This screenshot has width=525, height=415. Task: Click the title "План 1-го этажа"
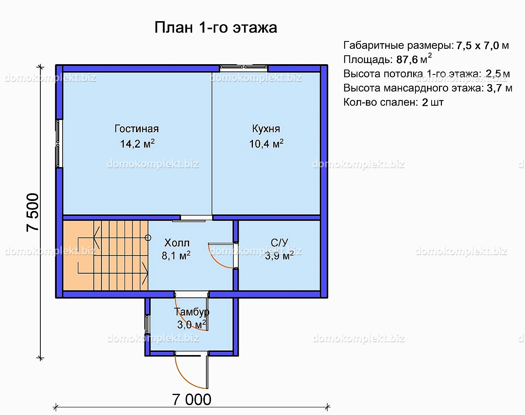pos(216,27)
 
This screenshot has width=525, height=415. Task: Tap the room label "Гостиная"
pos(136,129)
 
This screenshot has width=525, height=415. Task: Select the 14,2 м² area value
pos(137,143)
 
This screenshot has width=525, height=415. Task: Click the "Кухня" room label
pos(266,129)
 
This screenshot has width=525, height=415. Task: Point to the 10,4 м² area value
pos(266,143)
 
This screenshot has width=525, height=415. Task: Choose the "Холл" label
pos(177,243)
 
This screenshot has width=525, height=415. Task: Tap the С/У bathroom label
pos(279,242)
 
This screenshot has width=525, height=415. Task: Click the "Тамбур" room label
pos(191,312)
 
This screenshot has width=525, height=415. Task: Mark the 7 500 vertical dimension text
pos(33,212)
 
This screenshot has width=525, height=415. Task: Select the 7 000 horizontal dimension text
pos(192,399)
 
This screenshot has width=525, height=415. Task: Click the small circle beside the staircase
pos(148,237)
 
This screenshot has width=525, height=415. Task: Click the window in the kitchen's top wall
pos(243,68)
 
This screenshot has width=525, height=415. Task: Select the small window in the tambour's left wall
pos(147,324)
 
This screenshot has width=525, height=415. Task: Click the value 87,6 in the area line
pos(407,60)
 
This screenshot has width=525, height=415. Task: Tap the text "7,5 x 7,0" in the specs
pos(477,45)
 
